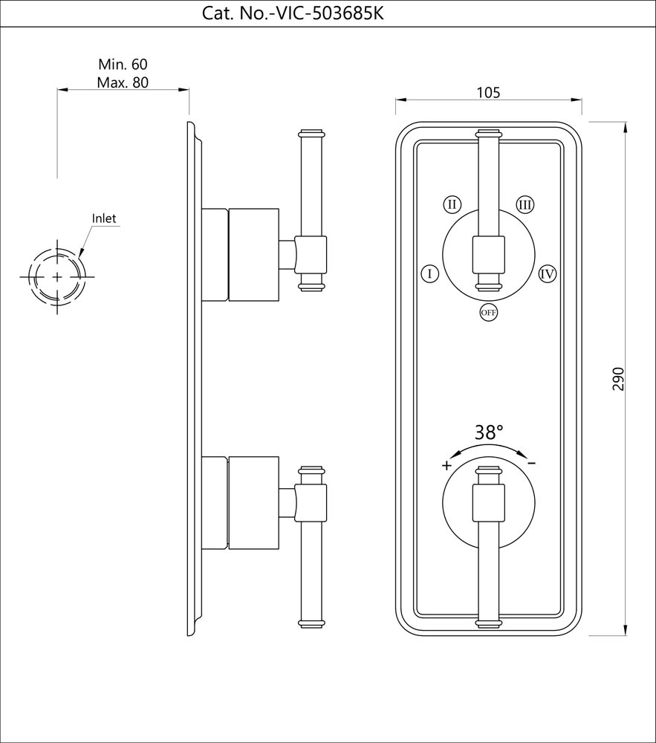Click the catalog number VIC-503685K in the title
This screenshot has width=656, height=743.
coord(327,13)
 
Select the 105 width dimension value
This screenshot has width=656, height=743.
coord(487,93)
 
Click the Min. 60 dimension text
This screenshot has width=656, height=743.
coord(123,65)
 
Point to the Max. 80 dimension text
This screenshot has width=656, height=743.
coord(123,82)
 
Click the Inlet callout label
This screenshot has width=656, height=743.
coord(104,218)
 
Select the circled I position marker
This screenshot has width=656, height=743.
coord(429,273)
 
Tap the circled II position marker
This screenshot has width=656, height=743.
coord(452,204)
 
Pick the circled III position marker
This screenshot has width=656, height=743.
coord(525,204)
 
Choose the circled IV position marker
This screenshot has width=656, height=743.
coord(548,273)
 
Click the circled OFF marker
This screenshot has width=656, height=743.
coord(488,313)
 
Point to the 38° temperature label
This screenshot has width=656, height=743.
coord(489,432)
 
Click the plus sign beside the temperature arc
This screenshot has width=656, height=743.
coord(446,466)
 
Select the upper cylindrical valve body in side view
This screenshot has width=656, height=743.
coord(253,255)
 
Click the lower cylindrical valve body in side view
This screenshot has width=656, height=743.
coord(253,503)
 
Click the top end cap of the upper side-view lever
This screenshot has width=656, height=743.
coord(311,134)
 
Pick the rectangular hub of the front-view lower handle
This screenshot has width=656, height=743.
coord(488,502)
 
